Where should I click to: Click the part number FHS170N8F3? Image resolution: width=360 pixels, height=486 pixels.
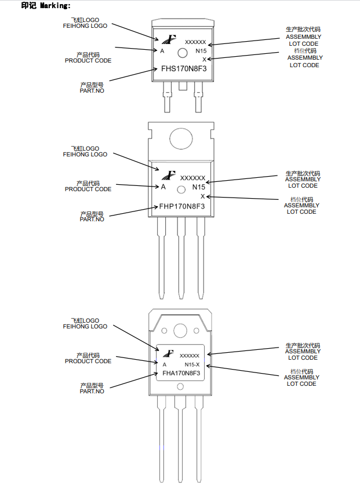coord(184,68)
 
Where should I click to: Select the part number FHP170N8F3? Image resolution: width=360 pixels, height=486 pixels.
coord(182,206)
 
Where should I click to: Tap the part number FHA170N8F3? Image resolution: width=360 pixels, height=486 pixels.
coord(181,373)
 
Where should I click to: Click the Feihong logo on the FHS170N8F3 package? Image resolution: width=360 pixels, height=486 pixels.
coord(169,39)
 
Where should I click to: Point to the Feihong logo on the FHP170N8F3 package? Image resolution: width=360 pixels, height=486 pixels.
coord(169,176)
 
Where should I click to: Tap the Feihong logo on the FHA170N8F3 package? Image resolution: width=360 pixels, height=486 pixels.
coord(168,353)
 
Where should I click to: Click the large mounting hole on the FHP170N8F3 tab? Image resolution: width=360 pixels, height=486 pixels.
coord(181,139)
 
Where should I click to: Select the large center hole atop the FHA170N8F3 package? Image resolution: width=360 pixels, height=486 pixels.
coord(180,331)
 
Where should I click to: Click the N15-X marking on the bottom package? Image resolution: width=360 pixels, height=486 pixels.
coord(192,364)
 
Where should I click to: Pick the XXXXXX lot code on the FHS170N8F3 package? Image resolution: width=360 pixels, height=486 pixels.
coord(195,42)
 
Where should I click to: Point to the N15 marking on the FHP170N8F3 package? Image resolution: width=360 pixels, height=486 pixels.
coord(199,187)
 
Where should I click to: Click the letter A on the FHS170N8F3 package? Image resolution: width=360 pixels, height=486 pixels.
coord(162,51)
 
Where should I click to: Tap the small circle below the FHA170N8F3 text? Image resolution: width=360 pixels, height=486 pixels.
coord(180,386)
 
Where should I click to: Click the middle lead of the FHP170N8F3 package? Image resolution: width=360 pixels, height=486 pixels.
coord(181,258)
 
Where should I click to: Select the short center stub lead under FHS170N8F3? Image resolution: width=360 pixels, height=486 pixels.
coord(183,86)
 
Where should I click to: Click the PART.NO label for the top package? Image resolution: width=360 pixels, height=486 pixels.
coord(92,91)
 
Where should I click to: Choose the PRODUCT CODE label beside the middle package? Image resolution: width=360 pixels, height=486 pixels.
coord(88,189)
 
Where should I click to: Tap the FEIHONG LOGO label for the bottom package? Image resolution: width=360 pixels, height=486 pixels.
coord(85,326)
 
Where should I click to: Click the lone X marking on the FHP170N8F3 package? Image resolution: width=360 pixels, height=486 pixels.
coord(203,196)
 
